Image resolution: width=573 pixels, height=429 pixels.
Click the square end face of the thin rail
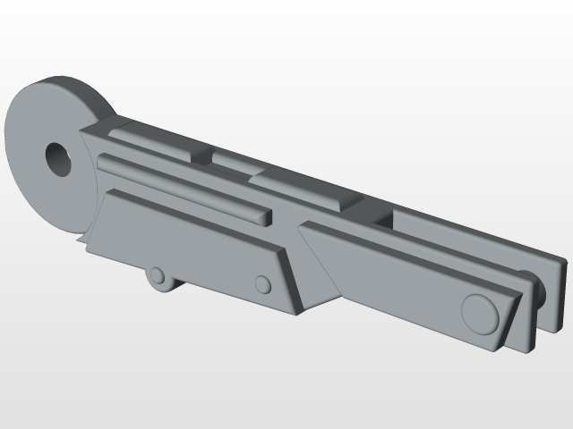(266, 216)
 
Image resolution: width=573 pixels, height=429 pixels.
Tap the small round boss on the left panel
(262, 284)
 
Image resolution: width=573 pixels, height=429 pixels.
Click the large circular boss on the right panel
(479, 313)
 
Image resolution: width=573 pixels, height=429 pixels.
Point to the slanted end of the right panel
(509, 322)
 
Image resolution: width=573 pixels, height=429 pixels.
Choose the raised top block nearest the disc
(152, 138)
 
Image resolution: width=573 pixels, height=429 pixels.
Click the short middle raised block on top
(233, 162)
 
